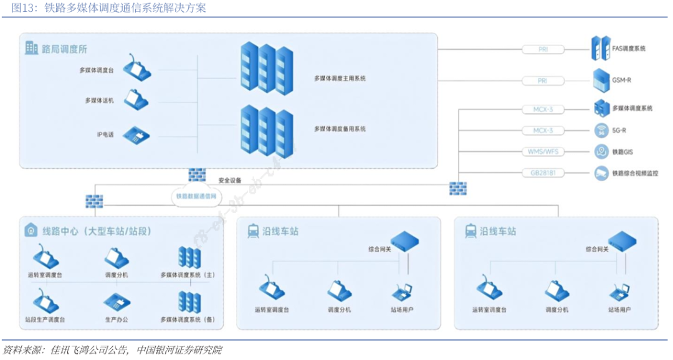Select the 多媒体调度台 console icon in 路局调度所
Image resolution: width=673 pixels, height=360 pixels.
coord(136,69)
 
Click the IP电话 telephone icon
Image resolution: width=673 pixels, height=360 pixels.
coord(135,135)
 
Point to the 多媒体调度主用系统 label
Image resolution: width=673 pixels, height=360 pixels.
coord(340,79)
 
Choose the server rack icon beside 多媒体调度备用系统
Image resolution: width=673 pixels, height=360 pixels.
coord(267,129)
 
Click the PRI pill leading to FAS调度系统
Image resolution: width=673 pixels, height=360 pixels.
coord(542,49)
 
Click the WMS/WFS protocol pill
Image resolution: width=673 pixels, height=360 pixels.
coord(542,151)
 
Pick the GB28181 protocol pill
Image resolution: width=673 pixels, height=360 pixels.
coord(542,173)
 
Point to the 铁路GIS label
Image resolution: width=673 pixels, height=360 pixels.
coord(623,152)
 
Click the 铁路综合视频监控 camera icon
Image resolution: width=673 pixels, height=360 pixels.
coord(601,173)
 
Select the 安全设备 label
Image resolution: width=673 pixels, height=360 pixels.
coord(229,181)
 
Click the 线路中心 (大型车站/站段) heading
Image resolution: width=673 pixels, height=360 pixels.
coord(96,231)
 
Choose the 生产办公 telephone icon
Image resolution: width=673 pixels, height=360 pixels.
coord(116,303)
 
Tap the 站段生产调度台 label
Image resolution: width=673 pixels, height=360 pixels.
coord(45,320)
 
